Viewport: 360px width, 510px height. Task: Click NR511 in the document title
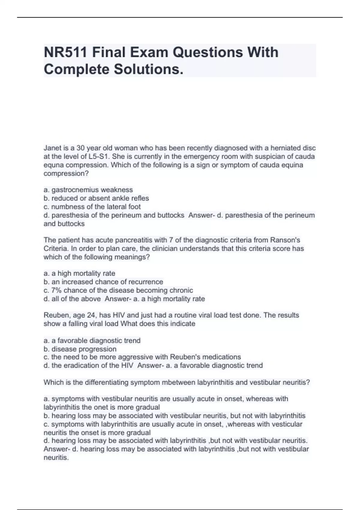coord(65,52)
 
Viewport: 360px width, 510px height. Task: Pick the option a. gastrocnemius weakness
coord(88,190)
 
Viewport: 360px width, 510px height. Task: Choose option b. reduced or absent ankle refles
coord(96,198)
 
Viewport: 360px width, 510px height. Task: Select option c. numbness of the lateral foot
coord(92,206)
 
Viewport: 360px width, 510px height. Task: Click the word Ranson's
coord(285,240)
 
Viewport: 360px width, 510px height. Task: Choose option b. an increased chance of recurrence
coord(103,282)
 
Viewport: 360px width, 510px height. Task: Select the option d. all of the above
coord(72,299)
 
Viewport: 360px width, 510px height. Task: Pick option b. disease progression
coord(80,349)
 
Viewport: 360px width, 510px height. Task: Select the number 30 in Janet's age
coord(81,148)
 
